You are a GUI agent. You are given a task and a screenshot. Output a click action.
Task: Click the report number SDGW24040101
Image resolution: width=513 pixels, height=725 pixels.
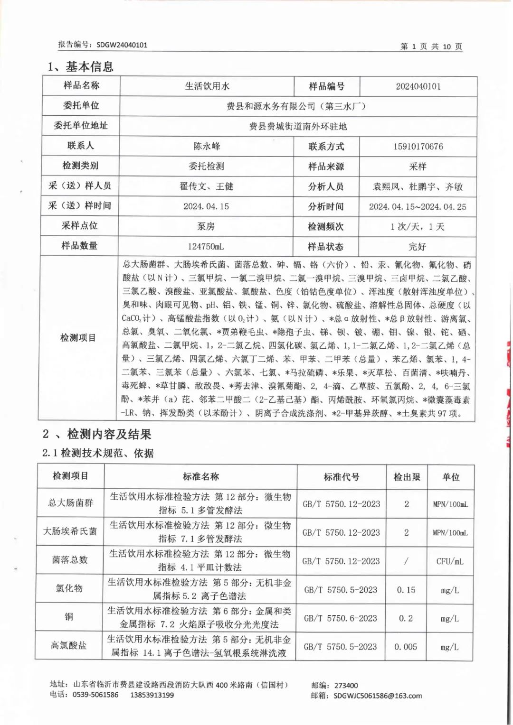click(x=122, y=45)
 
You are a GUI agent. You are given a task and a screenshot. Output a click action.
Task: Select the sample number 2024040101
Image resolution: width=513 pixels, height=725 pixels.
click(x=418, y=86)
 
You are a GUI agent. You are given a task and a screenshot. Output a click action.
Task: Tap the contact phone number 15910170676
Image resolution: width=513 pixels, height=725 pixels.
click(x=418, y=147)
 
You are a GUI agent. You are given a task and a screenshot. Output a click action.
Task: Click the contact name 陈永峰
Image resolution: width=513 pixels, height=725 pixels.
click(x=207, y=146)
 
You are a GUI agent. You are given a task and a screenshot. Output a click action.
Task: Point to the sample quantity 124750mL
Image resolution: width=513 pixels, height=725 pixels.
click(x=206, y=247)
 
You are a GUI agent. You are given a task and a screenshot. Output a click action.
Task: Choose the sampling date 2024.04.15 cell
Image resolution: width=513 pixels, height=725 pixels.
click(x=206, y=206)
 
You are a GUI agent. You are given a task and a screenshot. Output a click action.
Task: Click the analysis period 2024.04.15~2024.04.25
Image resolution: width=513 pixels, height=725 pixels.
click(x=418, y=207)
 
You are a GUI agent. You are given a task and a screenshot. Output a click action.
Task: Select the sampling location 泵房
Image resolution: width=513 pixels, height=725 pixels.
click(x=206, y=226)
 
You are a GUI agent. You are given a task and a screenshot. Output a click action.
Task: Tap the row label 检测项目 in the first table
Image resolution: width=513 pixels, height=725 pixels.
click(x=78, y=338)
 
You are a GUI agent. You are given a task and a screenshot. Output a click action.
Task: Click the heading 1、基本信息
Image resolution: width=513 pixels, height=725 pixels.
click(x=81, y=66)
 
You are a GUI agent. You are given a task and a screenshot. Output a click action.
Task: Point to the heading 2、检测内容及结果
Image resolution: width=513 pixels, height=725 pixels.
click(x=97, y=434)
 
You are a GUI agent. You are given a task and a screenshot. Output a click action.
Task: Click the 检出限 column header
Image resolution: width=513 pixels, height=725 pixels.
click(x=407, y=477)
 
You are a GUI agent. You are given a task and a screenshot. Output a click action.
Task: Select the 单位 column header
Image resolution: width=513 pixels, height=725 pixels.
click(x=450, y=477)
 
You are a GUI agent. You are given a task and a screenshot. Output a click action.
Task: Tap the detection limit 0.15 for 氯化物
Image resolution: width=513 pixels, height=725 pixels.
click(x=406, y=590)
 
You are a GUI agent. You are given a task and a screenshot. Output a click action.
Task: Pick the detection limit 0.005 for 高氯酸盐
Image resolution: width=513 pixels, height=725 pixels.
click(x=406, y=647)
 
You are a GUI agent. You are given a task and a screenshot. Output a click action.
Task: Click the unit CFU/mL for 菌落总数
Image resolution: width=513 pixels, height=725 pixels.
click(x=450, y=561)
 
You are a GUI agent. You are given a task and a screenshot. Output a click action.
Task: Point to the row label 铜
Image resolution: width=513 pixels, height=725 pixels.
click(x=69, y=617)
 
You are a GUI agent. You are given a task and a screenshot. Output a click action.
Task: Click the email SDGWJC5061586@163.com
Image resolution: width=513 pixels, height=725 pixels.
click(x=378, y=696)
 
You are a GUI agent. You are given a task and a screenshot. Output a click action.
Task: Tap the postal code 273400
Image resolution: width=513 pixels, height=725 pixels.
click(x=346, y=685)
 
